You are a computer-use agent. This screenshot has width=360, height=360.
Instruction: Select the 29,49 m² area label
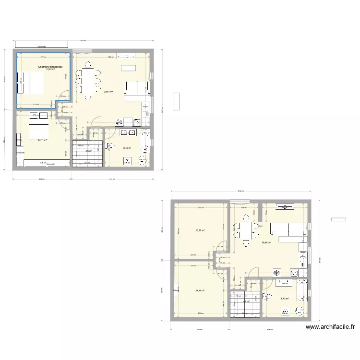[265, 243]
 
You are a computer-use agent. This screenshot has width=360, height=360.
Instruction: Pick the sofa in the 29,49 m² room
[288, 230]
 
